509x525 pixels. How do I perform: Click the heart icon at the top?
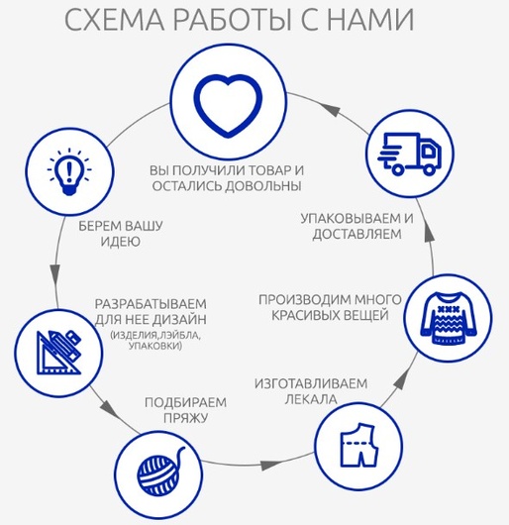[x=228, y=106]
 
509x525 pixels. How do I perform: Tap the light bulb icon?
[x=69, y=171]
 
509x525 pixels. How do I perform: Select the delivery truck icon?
[x=410, y=154]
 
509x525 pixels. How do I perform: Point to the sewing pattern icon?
[x=359, y=445]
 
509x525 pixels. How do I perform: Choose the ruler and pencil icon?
[x=59, y=353]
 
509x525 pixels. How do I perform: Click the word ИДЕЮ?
[x=121, y=242]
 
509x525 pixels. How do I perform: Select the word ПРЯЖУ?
[x=186, y=418]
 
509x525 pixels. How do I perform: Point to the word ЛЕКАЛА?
[x=311, y=399]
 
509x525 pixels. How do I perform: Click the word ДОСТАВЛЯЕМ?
[x=357, y=234]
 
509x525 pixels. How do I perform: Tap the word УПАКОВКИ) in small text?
[x=155, y=346]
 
